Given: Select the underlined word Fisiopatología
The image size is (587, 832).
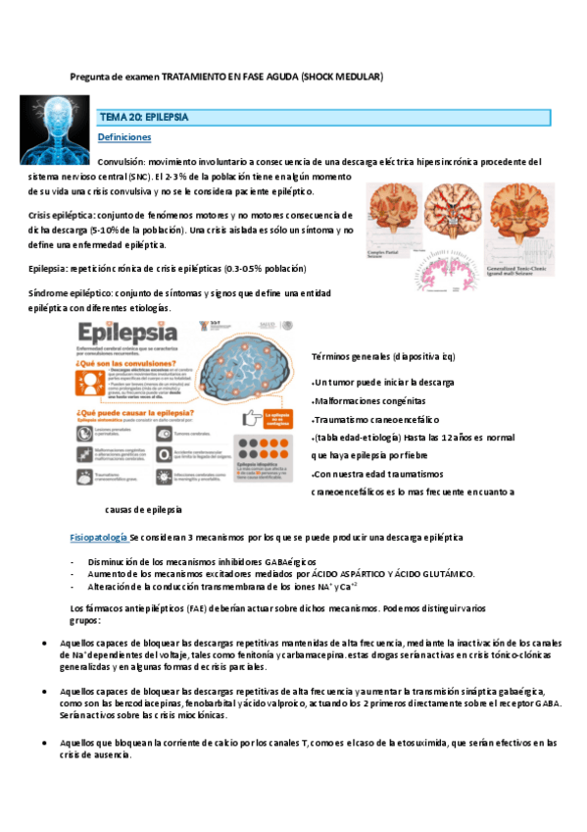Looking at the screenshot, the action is point(99,538).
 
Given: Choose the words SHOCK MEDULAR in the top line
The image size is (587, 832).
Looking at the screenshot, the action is point(342,76).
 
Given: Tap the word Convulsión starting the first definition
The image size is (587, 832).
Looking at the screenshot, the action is point(122,161).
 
